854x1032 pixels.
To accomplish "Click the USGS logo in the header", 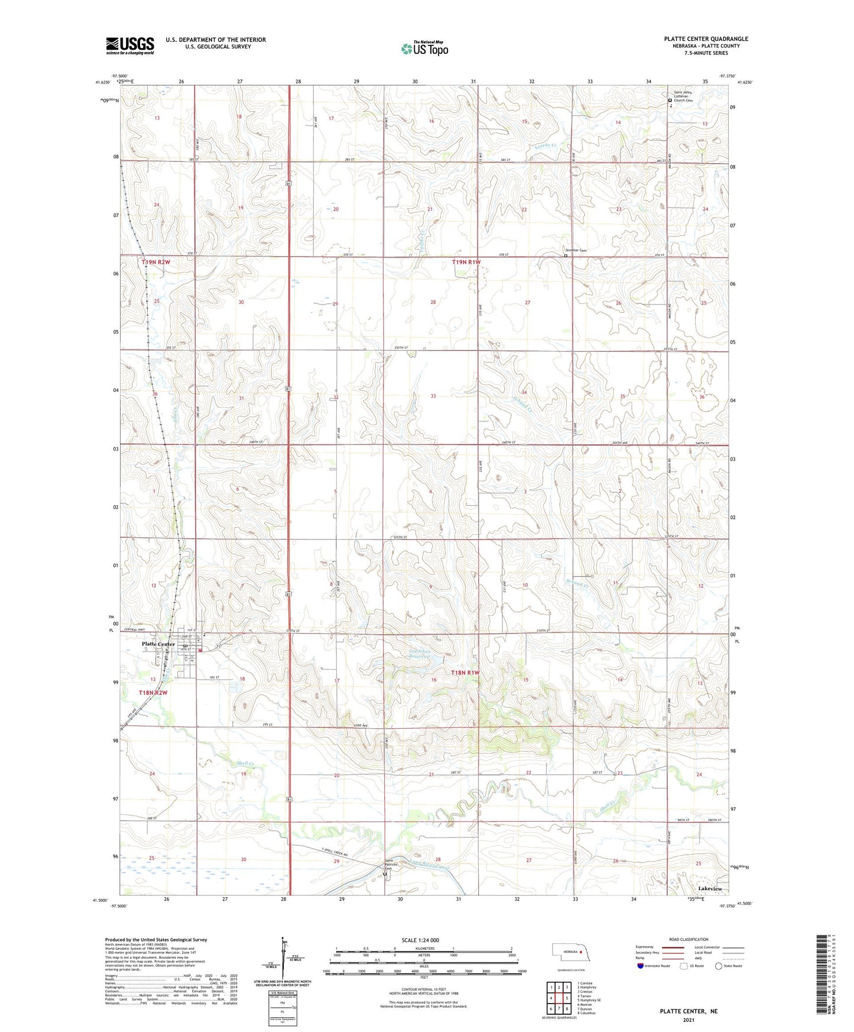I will coord(130,45).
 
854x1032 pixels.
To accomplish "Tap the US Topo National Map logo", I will coord(424,48).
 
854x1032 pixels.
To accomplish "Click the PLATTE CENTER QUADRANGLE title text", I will coord(706,39).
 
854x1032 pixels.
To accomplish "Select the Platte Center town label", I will coord(158,644).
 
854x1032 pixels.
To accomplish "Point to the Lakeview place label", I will coord(710,889).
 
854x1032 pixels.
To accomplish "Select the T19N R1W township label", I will coord(466,262).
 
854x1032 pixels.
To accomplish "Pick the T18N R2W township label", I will coord(154,693).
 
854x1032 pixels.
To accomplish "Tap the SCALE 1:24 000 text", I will coord(420,940).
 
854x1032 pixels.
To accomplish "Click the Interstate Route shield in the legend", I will coord(641,966).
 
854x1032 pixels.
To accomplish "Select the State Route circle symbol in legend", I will coord(719,966).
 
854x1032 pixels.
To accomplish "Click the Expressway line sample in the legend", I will coord(673,947).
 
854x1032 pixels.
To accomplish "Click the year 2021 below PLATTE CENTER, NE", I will coord(688,1020).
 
